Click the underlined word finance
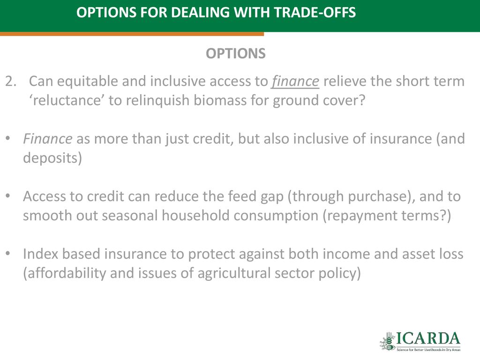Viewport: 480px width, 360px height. tap(295, 82)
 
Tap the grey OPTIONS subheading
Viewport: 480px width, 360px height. tap(236, 53)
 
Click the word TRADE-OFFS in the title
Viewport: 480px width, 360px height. tap(315, 13)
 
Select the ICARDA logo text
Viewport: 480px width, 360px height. tap(428, 339)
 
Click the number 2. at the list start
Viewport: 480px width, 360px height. tap(11, 82)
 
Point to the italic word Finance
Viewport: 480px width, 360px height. tap(48, 139)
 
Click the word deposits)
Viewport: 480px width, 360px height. tap(52, 158)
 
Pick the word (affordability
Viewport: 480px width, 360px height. tap(64, 273)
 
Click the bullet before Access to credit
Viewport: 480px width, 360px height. tap(8, 196)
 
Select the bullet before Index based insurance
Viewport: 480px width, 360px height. tap(8, 254)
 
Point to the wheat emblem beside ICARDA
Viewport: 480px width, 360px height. tap(388, 341)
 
